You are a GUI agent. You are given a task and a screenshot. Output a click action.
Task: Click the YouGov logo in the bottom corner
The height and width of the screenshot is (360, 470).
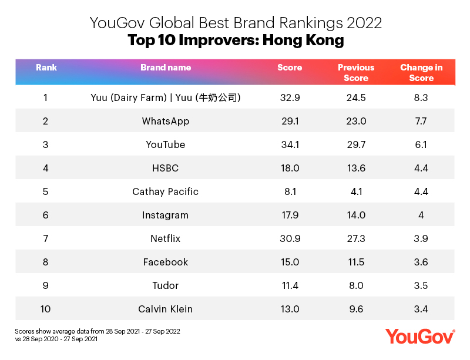420,336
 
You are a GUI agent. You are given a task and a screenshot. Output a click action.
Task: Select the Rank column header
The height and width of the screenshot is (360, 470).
46,68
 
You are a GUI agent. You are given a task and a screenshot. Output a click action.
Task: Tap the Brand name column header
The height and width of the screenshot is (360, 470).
166,68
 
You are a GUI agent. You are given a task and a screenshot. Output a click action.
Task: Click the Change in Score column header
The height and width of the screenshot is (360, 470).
421,73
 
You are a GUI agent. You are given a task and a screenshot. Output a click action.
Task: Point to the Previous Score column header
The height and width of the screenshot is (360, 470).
356,73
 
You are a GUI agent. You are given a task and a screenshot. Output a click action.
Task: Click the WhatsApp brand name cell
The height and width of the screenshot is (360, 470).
166,121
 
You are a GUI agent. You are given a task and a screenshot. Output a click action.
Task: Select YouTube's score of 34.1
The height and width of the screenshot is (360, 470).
289,144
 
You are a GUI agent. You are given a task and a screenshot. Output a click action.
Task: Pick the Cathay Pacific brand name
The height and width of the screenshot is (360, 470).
166,191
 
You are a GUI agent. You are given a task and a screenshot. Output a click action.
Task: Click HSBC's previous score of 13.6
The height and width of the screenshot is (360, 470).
356,168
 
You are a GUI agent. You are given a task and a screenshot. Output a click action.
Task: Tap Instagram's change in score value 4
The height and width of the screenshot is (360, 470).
421,215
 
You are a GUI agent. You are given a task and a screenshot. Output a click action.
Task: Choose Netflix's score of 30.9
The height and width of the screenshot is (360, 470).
289,238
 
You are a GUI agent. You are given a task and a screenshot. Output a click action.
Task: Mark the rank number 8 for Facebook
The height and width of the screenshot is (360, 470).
46,262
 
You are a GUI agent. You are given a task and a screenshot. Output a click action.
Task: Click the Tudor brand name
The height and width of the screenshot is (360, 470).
166,285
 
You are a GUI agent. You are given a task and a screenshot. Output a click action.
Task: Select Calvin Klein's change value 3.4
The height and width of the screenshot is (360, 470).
421,309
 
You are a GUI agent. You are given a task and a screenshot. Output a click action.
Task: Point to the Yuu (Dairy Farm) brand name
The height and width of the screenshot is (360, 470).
166,97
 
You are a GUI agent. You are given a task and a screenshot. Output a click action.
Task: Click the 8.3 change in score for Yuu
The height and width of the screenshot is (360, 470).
421,97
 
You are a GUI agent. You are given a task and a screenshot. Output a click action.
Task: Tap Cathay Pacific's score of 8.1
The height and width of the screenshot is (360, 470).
289,191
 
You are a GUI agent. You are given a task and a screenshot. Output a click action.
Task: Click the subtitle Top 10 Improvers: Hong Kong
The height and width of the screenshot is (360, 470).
236,41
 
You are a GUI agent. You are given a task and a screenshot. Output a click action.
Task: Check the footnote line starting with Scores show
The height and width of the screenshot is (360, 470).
98,331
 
